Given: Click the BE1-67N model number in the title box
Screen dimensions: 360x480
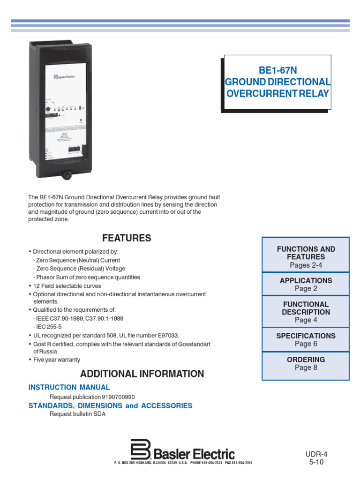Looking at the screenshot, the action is (x=278, y=71).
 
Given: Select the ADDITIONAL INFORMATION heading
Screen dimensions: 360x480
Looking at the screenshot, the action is (x=142, y=374).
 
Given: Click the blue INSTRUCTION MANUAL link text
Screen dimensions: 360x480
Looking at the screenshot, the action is (x=69, y=387).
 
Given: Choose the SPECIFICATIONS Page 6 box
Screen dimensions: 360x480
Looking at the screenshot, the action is (x=306, y=340).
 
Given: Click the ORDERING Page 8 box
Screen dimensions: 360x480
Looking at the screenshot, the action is (x=306, y=364).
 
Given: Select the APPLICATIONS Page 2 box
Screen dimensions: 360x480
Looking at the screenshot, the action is (x=306, y=285).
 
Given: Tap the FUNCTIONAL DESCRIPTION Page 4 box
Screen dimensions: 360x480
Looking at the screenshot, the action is (x=306, y=312).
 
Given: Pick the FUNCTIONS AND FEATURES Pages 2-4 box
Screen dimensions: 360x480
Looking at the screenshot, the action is (x=306, y=257).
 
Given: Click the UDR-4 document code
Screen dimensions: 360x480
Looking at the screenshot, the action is (x=316, y=454).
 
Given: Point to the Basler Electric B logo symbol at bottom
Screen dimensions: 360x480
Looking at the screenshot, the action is (x=140, y=450).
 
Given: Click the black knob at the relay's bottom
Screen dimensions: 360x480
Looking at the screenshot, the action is (x=67, y=175).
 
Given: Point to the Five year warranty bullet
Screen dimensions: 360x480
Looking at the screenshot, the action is (x=56, y=360).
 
